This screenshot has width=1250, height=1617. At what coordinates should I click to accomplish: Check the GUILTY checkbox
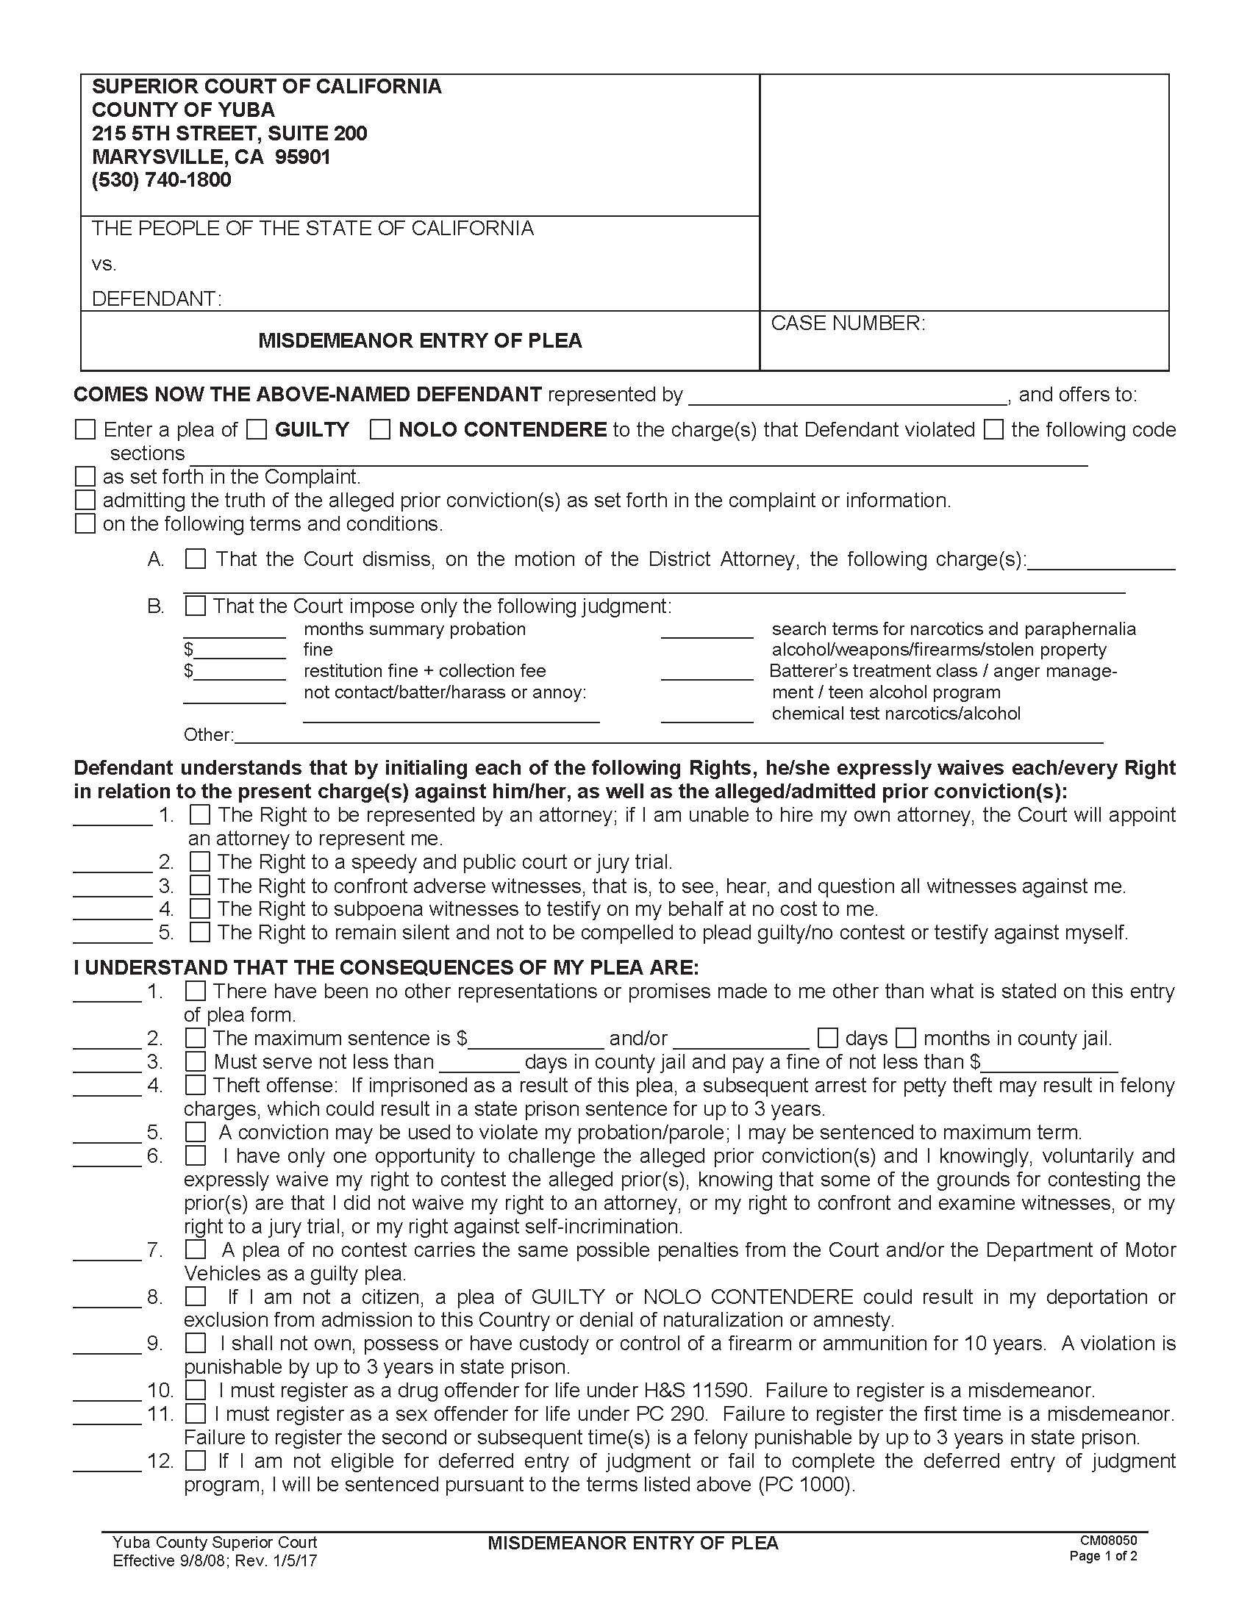256,430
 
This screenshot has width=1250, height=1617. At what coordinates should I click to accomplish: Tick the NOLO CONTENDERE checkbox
380,430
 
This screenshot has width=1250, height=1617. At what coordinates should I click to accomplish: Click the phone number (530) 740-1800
162,180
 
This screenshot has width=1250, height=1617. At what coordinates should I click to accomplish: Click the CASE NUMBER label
847,323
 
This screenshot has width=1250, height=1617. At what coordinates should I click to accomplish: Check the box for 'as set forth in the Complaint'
86,477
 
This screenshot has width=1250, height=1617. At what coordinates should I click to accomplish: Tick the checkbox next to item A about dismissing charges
196,559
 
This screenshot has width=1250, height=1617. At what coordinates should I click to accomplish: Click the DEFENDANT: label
156,299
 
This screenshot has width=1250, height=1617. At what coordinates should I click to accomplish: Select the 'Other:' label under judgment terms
208,734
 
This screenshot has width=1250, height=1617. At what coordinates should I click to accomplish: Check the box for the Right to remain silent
200,932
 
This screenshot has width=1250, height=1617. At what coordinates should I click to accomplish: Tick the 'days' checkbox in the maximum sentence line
828,1038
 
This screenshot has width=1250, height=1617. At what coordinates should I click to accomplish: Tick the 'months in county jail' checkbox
907,1038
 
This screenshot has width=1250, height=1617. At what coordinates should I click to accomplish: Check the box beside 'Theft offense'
196,1086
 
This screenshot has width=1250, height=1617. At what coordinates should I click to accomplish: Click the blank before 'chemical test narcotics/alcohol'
707,715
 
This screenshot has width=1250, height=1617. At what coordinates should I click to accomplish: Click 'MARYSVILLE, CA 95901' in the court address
211,157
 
